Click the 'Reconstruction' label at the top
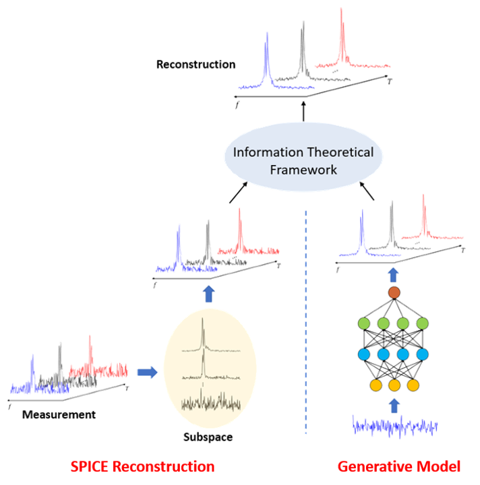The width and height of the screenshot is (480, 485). [196, 65]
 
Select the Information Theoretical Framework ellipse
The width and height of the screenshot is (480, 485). [303, 161]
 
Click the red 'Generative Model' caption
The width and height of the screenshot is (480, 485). [399, 466]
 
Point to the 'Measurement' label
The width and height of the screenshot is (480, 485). [59, 414]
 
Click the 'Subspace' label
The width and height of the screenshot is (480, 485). [208, 437]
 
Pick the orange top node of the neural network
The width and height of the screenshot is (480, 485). [394, 293]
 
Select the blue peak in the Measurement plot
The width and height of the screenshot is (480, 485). [32, 370]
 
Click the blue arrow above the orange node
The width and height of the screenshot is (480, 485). [394, 275]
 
